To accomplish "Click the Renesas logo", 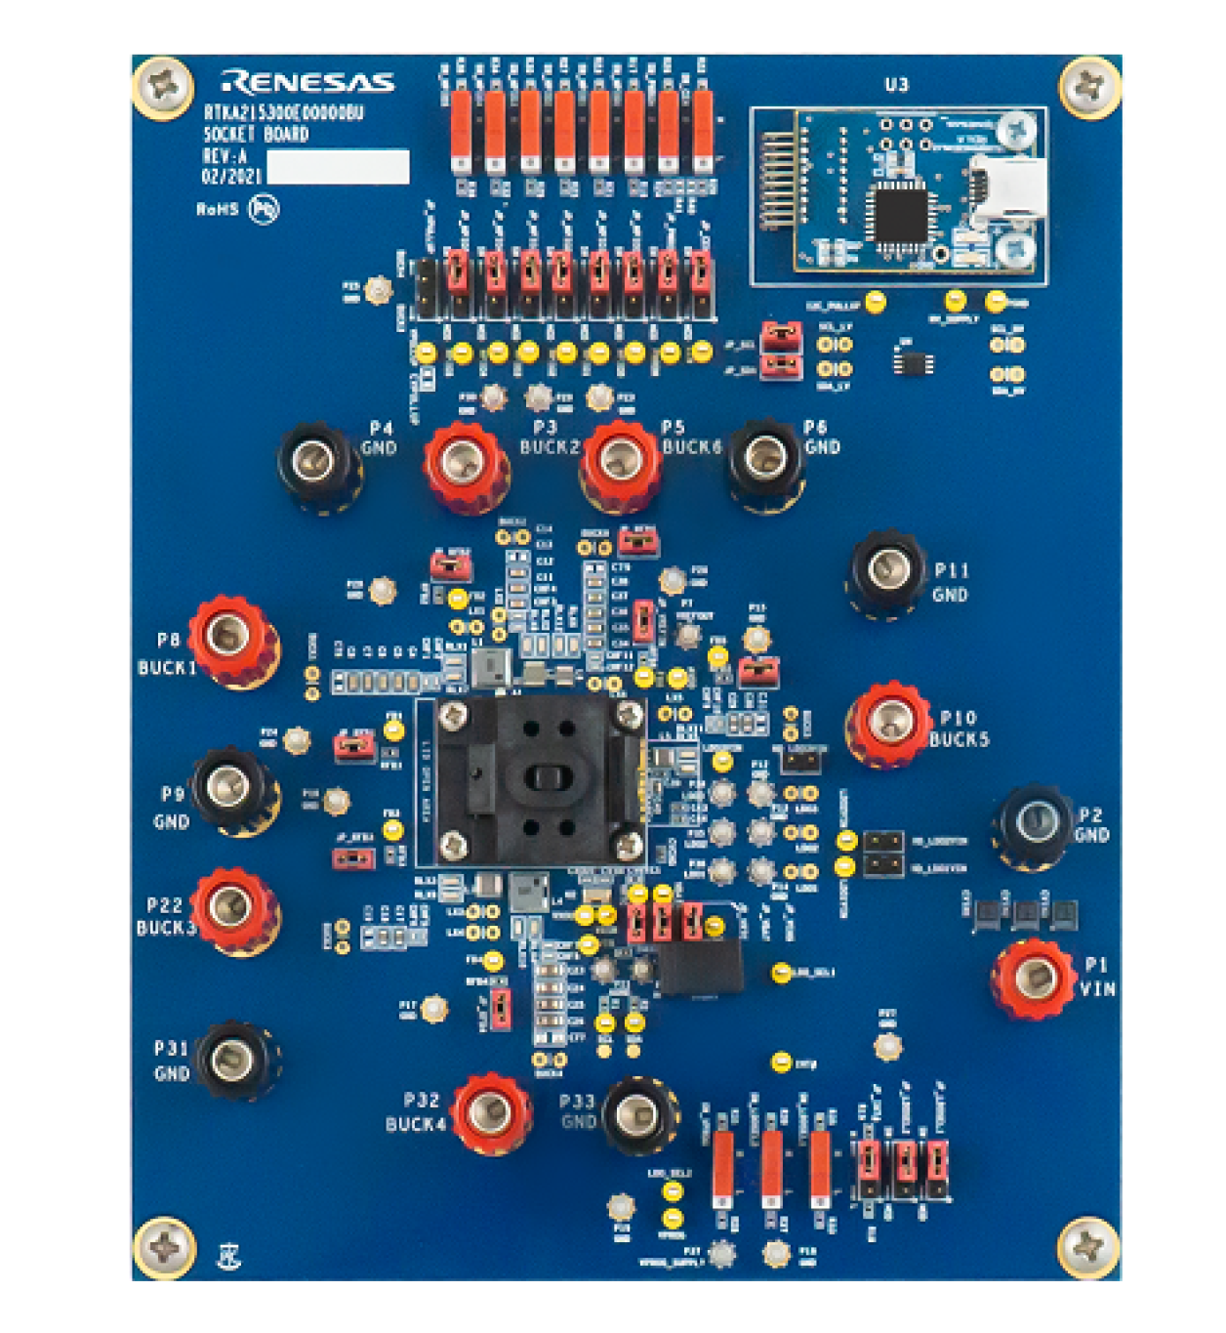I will point(306,81).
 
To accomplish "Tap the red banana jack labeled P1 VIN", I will point(1033,978).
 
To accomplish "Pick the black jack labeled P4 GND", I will point(315,457).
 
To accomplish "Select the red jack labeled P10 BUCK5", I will point(888,723).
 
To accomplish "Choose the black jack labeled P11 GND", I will point(886,569).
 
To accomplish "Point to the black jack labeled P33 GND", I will point(638,1112).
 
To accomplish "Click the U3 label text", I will point(896,85).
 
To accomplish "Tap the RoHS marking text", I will point(217,209).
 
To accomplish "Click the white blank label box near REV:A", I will point(338,167).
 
